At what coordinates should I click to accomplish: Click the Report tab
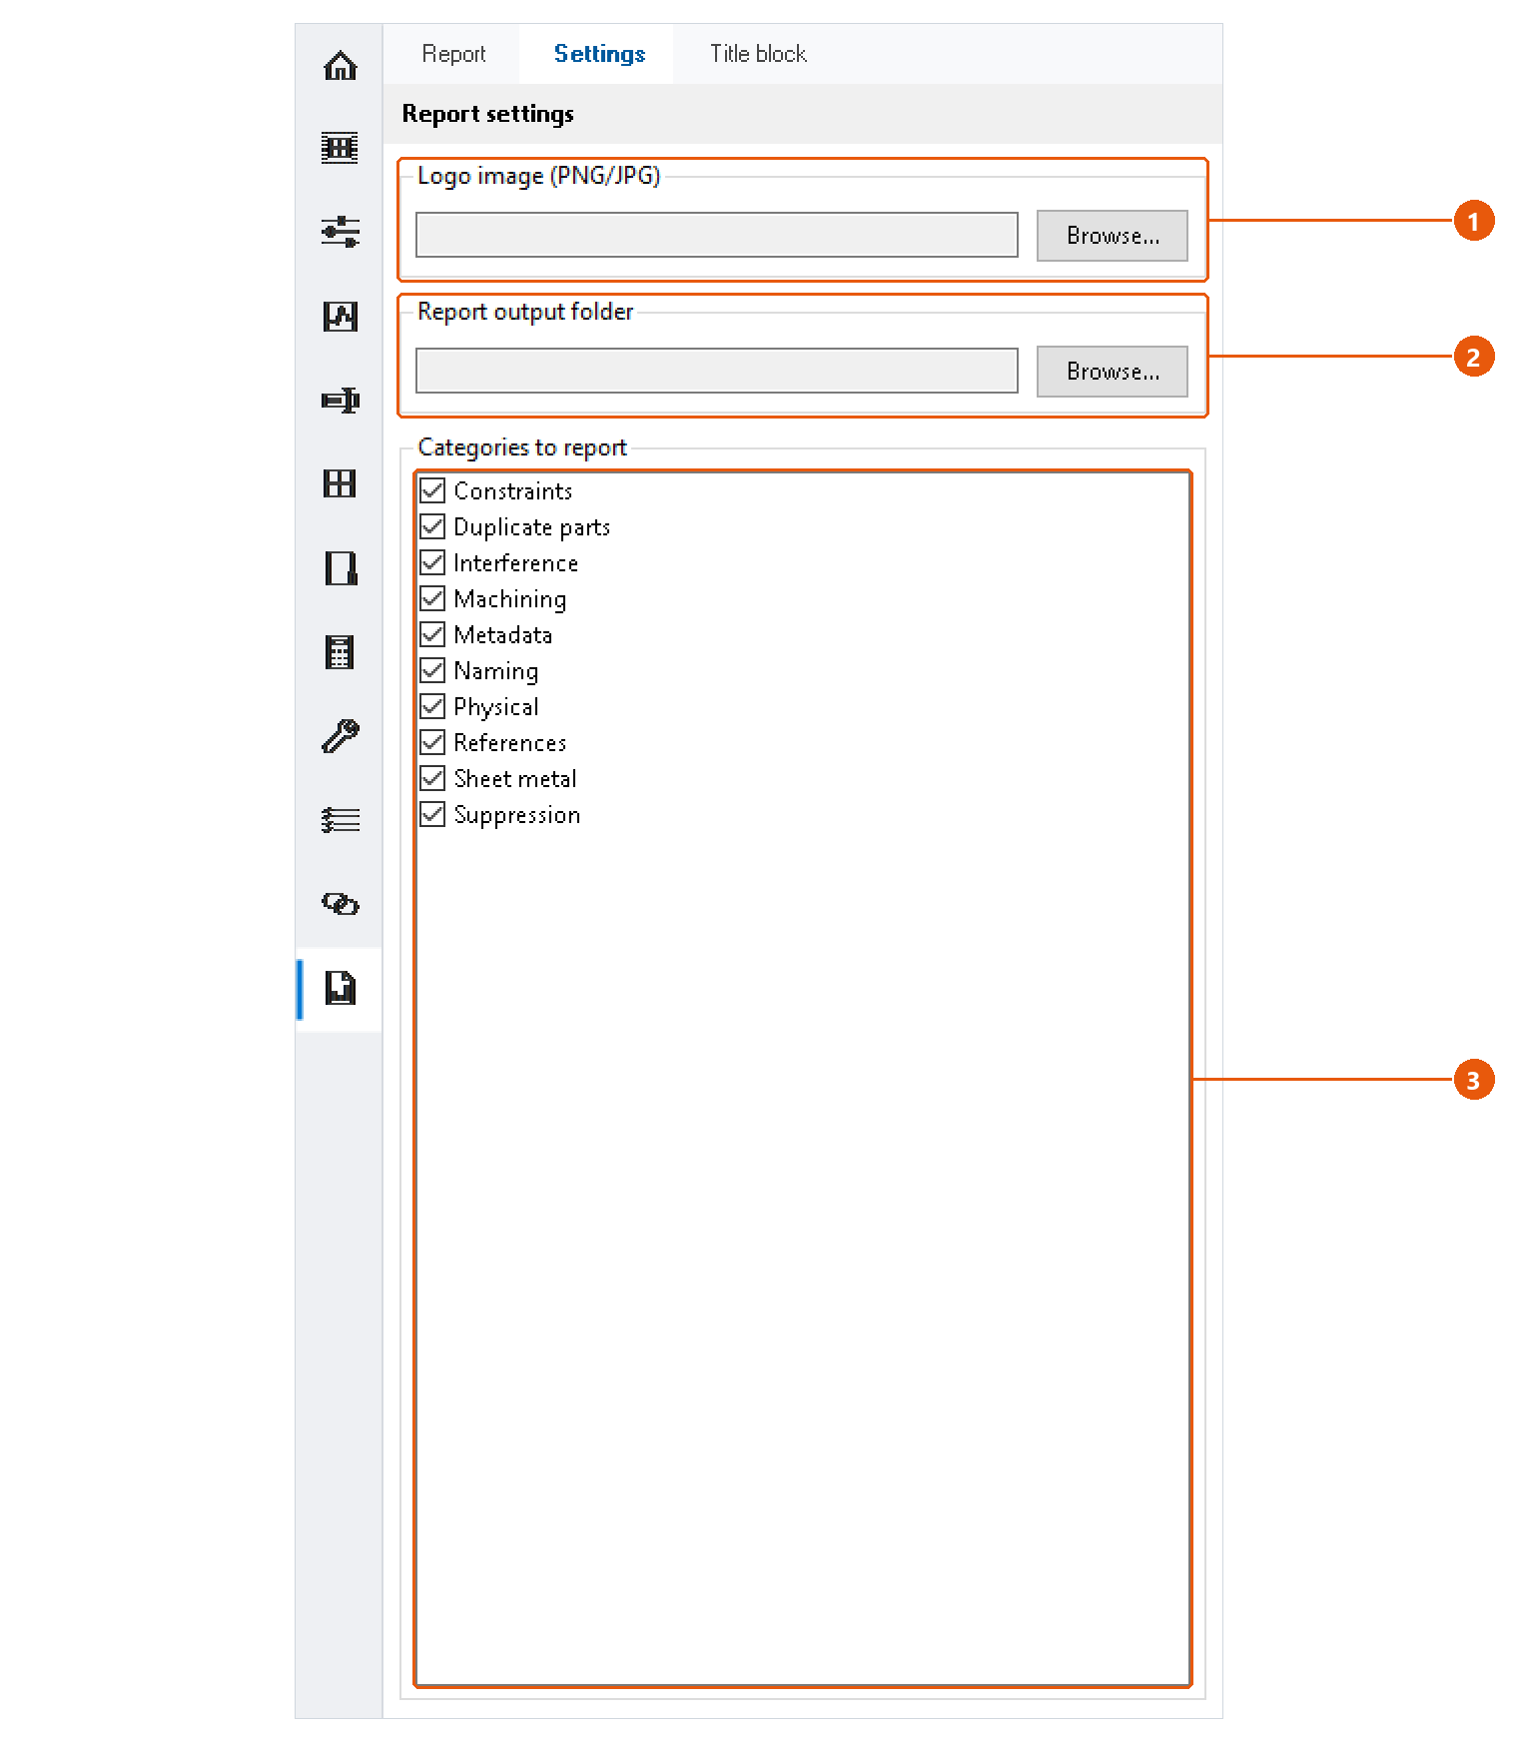click(453, 54)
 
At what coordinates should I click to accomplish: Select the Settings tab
click(599, 54)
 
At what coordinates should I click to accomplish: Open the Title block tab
click(758, 54)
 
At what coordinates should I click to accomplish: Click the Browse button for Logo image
click(1112, 236)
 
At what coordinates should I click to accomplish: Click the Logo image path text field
click(717, 235)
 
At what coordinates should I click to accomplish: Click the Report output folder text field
click(717, 371)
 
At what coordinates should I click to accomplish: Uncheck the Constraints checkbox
click(432, 490)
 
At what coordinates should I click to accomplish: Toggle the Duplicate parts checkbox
click(432, 526)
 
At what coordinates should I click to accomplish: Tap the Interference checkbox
click(432, 562)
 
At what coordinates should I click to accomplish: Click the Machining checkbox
click(432, 598)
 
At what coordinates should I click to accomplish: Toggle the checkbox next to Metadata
click(432, 634)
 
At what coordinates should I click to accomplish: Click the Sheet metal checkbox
click(432, 778)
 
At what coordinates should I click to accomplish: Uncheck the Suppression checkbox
click(432, 814)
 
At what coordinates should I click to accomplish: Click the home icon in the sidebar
click(341, 66)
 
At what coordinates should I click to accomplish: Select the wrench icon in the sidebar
click(341, 736)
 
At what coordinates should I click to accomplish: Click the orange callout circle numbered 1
click(1473, 221)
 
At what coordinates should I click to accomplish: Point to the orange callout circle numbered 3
click(1473, 1080)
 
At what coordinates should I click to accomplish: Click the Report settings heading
click(487, 114)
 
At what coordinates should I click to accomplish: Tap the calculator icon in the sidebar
click(340, 652)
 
